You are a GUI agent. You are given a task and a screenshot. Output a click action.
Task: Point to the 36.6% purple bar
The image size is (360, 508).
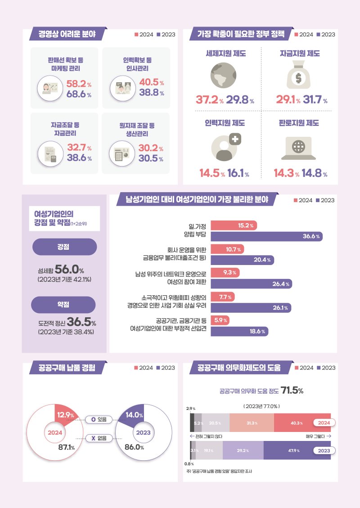pyautogui.click(x=266, y=236)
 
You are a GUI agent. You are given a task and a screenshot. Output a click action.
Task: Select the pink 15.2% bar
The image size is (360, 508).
pyautogui.click(x=234, y=225)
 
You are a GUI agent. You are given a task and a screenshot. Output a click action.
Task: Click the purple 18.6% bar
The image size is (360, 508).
pyautogui.click(x=239, y=331)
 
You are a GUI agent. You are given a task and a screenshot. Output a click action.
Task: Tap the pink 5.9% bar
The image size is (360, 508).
pyautogui.click(x=220, y=320)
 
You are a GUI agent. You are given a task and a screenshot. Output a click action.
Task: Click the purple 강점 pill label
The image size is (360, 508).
pyautogui.click(x=64, y=247)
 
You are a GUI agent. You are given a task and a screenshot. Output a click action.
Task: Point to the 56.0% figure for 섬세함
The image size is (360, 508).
pyautogui.click(x=69, y=270)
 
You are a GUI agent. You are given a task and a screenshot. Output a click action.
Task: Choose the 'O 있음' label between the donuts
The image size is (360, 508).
pyautogui.click(x=99, y=419)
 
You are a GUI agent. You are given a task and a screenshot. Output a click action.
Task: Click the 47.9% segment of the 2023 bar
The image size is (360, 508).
pyautogui.click(x=297, y=450)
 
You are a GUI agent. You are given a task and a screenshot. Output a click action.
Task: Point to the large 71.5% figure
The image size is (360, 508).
pyautogui.click(x=292, y=391)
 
